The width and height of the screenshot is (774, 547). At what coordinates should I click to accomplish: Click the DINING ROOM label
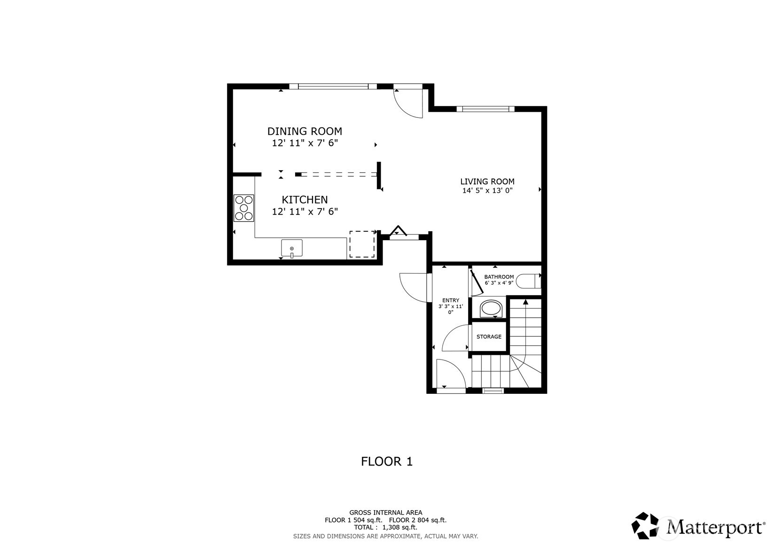point(305,131)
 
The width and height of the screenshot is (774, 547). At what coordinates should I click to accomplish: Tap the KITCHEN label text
point(305,200)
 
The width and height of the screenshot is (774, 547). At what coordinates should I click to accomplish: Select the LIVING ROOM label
point(487,181)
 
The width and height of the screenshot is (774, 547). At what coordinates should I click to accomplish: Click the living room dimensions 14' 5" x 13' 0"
point(487,191)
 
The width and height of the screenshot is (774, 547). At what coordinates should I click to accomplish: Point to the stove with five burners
point(244,208)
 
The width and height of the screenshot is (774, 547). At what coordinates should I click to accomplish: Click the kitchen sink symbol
point(292,248)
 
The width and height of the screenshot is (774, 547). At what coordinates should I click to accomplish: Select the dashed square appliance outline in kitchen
point(362,244)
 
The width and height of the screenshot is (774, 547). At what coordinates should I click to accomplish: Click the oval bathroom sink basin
point(491,309)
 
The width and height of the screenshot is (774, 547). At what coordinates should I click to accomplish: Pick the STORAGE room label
point(489,337)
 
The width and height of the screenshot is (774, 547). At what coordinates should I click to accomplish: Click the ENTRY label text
point(451,300)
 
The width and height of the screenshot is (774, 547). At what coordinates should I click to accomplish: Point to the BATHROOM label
point(499,277)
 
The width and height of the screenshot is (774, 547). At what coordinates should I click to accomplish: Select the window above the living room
point(485,109)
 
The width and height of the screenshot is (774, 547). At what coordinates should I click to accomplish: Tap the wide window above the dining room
point(333,86)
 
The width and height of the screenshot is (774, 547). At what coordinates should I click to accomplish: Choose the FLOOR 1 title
point(386,461)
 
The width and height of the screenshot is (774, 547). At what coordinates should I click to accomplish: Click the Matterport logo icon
point(647,526)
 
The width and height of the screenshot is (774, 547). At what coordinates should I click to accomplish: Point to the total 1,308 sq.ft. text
point(385,527)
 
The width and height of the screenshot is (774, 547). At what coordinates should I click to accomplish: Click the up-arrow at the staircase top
point(525,301)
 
